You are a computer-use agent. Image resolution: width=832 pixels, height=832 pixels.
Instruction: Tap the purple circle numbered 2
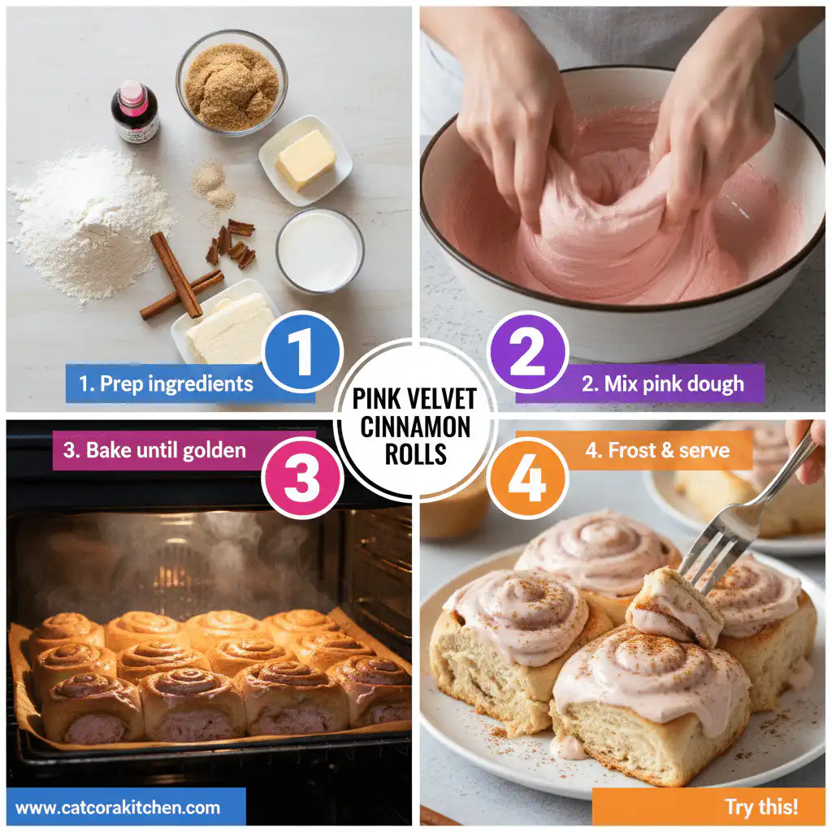click(x=526, y=352)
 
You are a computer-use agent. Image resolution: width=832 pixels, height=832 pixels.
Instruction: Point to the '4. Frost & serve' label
click(x=656, y=450)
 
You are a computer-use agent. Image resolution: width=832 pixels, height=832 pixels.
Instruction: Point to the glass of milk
click(x=319, y=251)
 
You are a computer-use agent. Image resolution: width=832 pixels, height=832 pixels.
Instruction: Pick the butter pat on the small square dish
click(x=305, y=159)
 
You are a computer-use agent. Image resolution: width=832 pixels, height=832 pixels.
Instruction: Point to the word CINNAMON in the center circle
click(x=416, y=427)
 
